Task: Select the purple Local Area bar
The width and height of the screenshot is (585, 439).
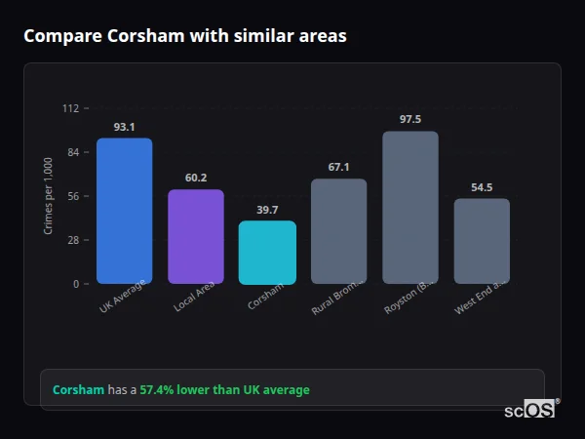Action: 195,237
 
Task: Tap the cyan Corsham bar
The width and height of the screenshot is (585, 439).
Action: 267,253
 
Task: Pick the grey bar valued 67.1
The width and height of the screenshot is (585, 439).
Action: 338,231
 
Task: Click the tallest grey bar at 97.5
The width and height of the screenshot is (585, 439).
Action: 410,208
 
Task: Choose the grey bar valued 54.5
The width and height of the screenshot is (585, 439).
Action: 482,241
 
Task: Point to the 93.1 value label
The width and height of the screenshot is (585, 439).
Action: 124,127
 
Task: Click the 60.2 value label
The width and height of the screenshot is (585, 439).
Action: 195,178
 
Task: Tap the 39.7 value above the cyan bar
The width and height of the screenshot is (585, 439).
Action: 267,210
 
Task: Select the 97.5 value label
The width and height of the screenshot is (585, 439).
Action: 410,119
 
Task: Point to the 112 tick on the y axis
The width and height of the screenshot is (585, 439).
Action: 70,108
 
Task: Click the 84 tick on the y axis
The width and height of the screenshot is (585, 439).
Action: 73,152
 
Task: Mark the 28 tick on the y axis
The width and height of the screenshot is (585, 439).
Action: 73,240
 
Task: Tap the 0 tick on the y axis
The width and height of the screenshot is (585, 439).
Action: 76,284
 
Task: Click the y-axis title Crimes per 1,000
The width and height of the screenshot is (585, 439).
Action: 49,196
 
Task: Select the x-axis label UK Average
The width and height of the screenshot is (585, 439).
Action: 123,298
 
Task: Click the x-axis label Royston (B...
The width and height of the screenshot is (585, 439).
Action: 409,298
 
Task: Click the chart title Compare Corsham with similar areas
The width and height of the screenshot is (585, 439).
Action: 185,36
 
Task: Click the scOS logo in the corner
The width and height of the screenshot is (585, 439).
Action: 529,411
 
